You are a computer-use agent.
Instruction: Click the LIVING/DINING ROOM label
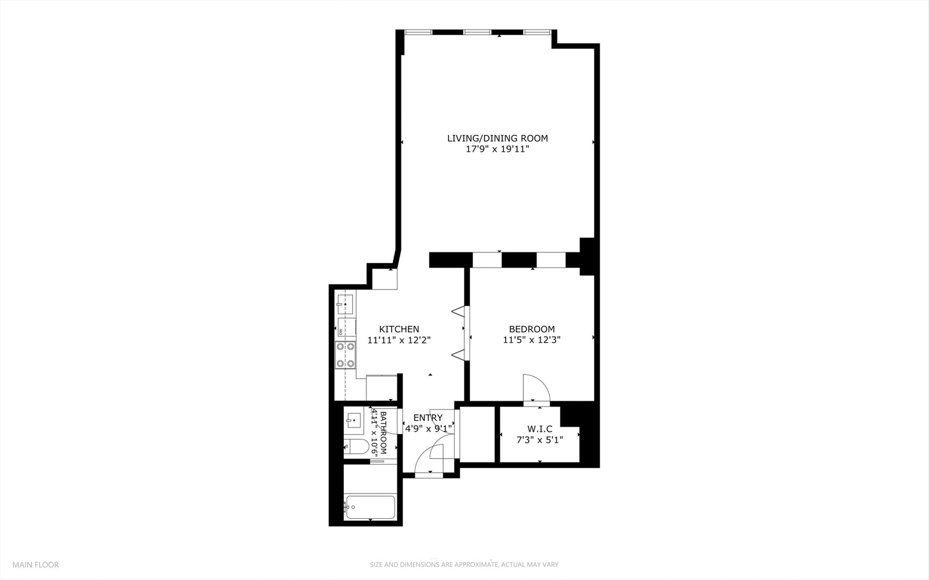[497, 138]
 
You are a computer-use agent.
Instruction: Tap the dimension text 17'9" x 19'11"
[497, 149]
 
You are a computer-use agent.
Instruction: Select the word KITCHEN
[399, 329]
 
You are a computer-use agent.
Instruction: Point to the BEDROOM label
[531, 329]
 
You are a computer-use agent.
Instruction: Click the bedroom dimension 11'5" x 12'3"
[531, 340]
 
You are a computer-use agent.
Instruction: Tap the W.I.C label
[539, 429]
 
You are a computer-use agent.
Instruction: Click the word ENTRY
[428, 418]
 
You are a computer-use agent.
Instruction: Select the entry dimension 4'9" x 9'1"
[428, 429]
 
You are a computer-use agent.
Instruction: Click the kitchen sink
[345, 304]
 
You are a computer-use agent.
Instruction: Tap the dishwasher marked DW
[345, 327]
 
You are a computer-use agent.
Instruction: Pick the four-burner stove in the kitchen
[345, 355]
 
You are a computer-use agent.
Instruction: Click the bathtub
[371, 506]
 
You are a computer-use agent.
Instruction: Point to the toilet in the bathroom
[356, 446]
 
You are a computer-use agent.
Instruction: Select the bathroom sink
[354, 420]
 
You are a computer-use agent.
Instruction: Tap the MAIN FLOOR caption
[35, 564]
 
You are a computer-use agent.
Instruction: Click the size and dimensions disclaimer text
[464, 564]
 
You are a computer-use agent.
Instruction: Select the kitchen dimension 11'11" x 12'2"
[399, 340]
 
